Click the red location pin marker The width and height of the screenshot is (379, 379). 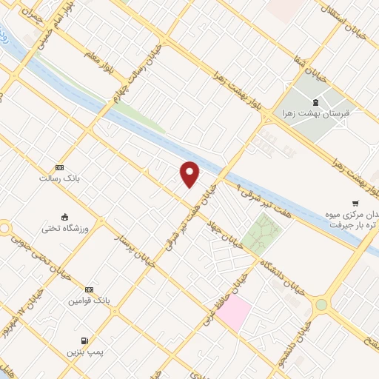click(190, 173)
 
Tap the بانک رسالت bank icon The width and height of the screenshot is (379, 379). click(60, 168)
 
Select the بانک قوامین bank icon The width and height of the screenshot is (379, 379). click(90, 289)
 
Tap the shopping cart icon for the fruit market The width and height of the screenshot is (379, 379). click(355, 203)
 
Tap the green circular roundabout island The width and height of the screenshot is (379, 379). click(321, 304)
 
